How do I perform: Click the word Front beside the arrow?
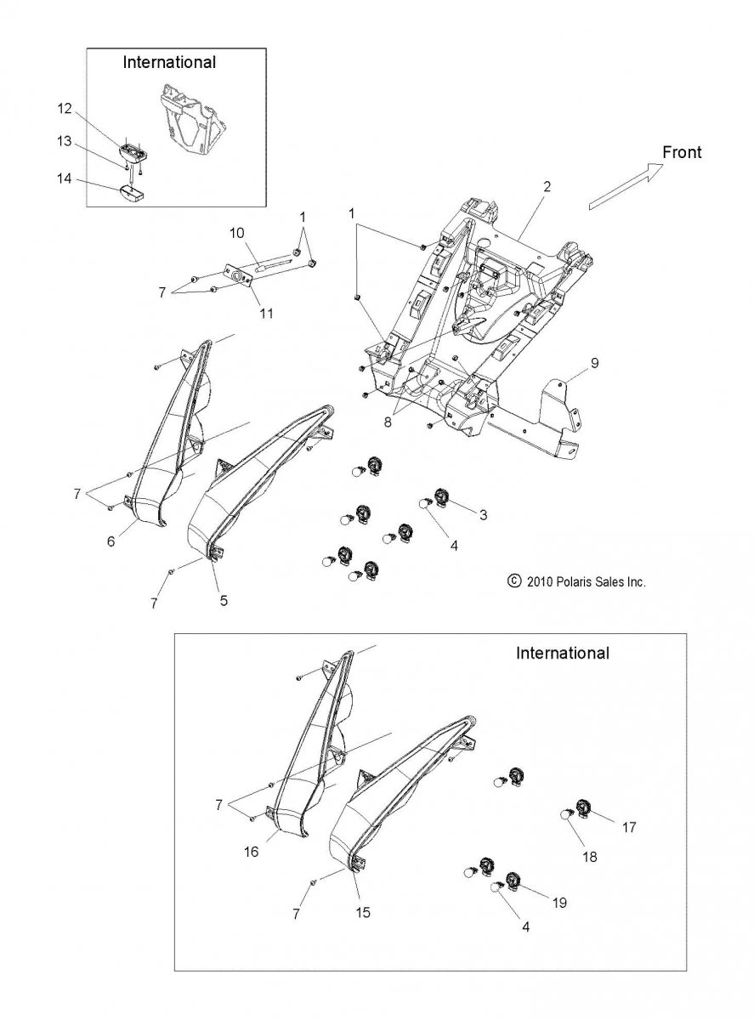(x=681, y=152)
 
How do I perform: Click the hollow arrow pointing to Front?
(x=626, y=186)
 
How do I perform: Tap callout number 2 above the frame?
(x=547, y=187)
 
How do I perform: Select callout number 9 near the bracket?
(x=594, y=363)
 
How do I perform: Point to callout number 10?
(x=237, y=233)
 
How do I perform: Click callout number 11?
(x=266, y=313)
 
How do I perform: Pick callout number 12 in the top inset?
(x=65, y=109)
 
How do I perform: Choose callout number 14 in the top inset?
(x=65, y=178)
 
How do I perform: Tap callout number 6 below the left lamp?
(x=111, y=541)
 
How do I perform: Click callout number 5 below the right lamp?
(x=224, y=600)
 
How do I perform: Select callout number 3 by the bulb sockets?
(x=483, y=514)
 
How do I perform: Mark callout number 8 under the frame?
(x=388, y=422)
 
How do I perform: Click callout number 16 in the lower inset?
(x=251, y=852)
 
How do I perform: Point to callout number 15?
(x=363, y=912)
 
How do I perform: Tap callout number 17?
(x=629, y=827)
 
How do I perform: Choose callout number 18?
(x=590, y=857)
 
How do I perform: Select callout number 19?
(x=559, y=903)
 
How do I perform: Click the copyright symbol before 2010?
(x=514, y=581)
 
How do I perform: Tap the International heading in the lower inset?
(x=562, y=653)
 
